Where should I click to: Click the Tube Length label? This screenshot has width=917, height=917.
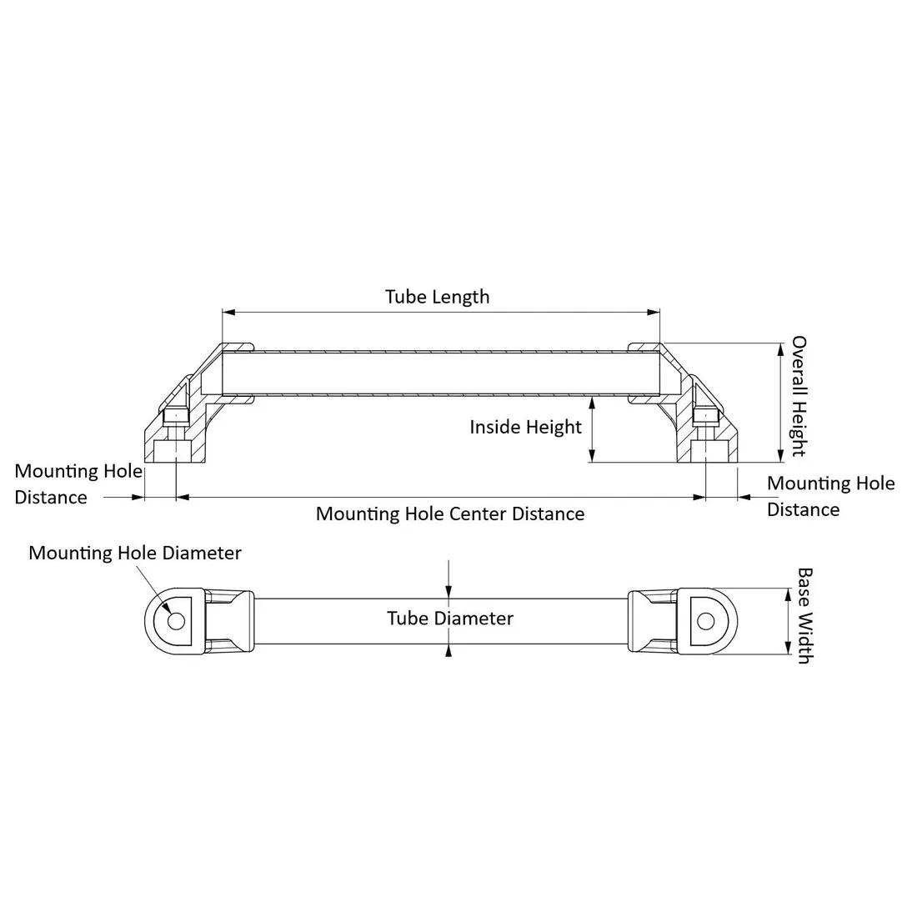click(437, 297)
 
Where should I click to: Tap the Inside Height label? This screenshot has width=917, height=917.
click(525, 427)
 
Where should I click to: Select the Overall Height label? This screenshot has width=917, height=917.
click(799, 396)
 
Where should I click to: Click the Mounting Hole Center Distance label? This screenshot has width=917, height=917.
click(449, 514)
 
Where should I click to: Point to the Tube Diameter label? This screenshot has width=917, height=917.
click(449, 619)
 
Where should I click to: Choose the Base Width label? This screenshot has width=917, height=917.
click(804, 615)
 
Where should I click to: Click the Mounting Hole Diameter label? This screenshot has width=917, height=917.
click(135, 553)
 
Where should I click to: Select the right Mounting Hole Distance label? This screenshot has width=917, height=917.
click(830, 496)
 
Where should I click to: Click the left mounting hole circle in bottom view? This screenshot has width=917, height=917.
click(176, 621)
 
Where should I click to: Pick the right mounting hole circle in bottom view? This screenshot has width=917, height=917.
click(705, 621)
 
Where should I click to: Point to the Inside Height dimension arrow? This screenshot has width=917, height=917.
click(592, 428)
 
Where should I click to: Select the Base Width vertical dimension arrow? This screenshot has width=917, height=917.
click(787, 621)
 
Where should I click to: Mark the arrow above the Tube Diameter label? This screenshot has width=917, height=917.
click(449, 589)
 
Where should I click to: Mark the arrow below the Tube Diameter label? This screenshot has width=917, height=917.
click(449, 651)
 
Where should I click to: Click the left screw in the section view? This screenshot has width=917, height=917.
click(175, 417)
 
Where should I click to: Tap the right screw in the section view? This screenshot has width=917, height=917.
click(706, 417)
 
